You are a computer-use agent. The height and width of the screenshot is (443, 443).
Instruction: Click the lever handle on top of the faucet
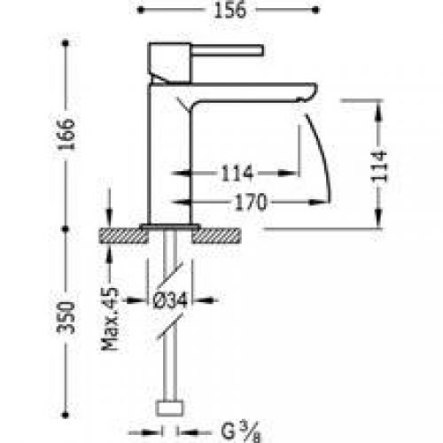[x=213, y=51]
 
